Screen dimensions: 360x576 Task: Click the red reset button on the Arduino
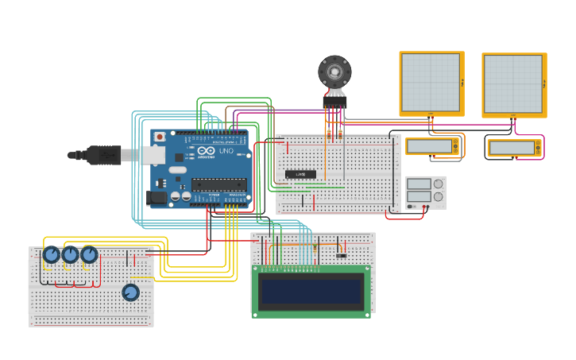(x=160, y=137)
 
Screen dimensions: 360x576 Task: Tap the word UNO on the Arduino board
(x=226, y=150)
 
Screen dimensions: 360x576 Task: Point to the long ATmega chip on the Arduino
(x=218, y=185)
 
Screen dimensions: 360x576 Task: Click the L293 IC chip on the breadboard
(x=300, y=174)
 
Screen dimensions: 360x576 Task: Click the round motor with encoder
(x=334, y=73)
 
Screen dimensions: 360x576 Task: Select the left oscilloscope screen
(x=431, y=83)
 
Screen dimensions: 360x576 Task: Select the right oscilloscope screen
(x=513, y=84)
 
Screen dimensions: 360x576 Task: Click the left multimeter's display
(x=429, y=146)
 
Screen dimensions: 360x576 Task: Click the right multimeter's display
(x=511, y=148)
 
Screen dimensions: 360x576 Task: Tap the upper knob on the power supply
(x=438, y=184)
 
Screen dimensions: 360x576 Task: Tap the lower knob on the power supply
(x=438, y=196)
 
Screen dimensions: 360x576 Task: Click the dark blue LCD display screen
(x=310, y=290)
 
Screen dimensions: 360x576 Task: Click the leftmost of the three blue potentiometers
(x=52, y=254)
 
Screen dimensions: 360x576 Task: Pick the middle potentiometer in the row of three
(x=71, y=254)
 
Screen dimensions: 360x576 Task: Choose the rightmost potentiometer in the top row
(x=89, y=254)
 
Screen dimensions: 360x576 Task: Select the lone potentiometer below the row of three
(x=130, y=292)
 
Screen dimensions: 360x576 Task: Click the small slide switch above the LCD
(x=341, y=255)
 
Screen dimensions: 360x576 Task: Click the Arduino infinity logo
(x=206, y=150)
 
